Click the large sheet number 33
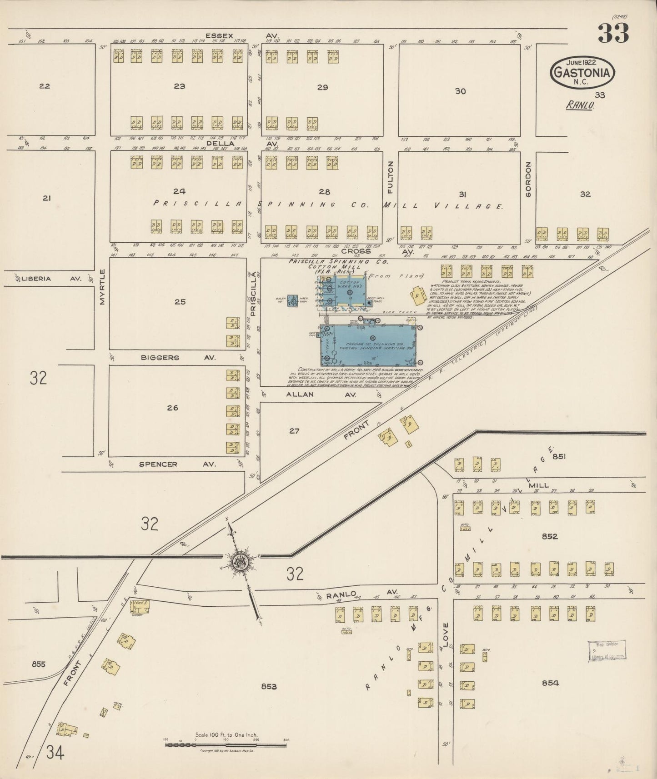tap(613, 33)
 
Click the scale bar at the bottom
tap(226, 744)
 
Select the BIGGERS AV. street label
tap(177, 358)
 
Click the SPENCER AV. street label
tap(177, 464)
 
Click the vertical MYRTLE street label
tap(102, 287)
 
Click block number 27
tap(294, 430)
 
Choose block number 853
tap(269, 686)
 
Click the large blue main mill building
tap(369, 345)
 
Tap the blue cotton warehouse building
tap(349, 292)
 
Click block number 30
tap(460, 91)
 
